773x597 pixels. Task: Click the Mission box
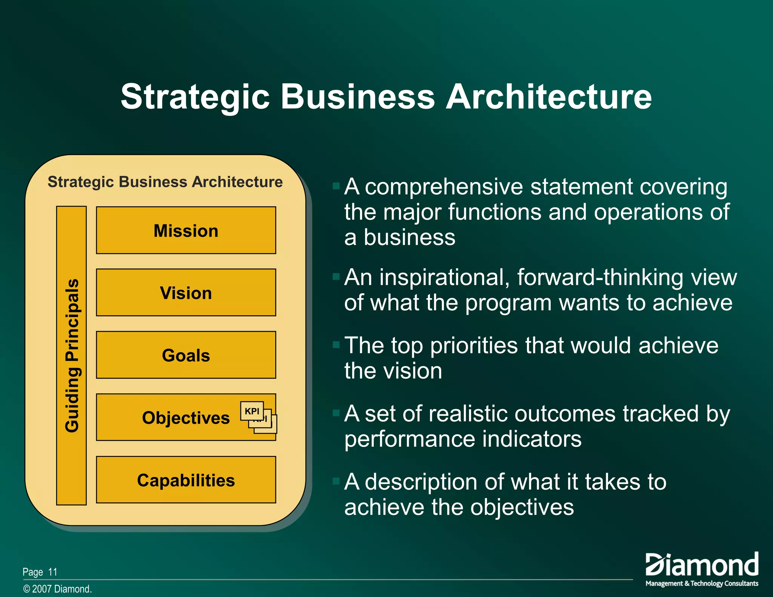[x=186, y=230]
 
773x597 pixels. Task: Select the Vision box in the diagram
[x=186, y=292]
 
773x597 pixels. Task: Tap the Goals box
[x=186, y=355]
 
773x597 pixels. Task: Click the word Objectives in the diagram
[x=186, y=418]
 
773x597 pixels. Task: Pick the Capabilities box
[x=186, y=480]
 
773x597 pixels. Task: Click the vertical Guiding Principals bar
[x=71, y=355]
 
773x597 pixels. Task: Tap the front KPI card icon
[x=252, y=411]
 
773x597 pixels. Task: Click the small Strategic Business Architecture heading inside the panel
[x=165, y=182]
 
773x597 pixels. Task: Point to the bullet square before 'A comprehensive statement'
[x=336, y=186]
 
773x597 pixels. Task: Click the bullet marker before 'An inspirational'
[x=336, y=277]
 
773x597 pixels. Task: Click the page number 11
[x=53, y=572]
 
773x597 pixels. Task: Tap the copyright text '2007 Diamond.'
[x=62, y=589]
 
